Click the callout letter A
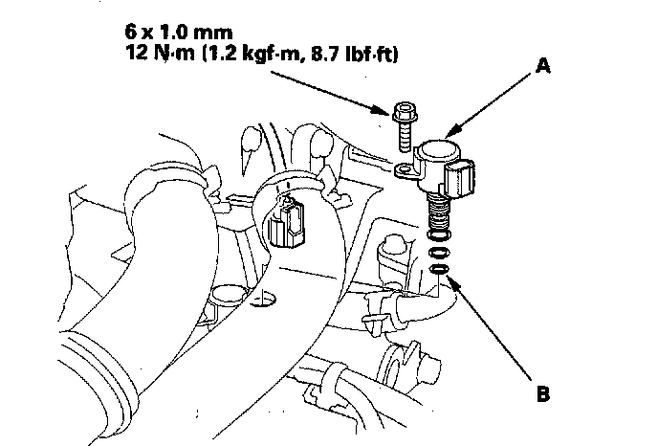(542, 66)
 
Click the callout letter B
(542, 392)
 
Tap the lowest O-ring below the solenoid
(439, 270)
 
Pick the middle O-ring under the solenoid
(439, 254)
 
